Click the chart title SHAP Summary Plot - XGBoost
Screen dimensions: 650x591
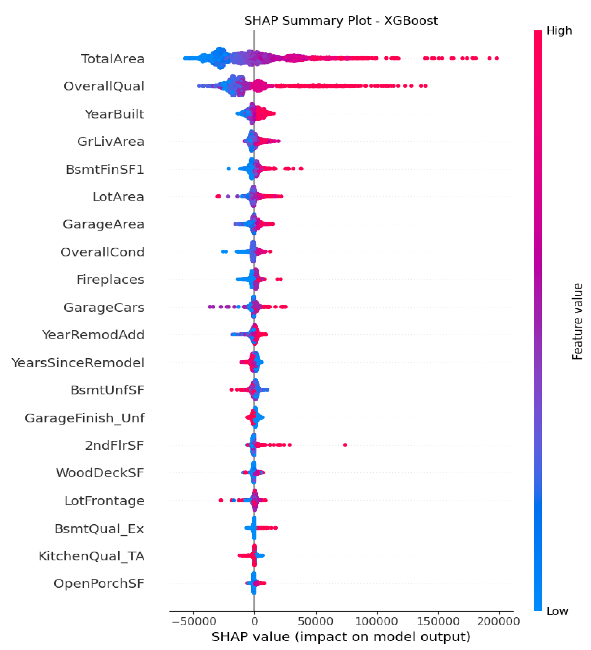click(x=341, y=21)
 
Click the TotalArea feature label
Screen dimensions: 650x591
click(x=112, y=59)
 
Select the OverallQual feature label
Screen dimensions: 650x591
click(x=104, y=87)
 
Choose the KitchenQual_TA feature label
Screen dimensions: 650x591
click(x=91, y=556)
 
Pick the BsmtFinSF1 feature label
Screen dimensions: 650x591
click(x=105, y=169)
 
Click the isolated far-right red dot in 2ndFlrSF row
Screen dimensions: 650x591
click(x=345, y=445)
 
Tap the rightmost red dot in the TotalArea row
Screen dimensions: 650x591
click(x=497, y=58)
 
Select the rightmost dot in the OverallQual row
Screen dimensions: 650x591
click(x=425, y=86)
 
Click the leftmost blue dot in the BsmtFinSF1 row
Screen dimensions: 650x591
click(x=229, y=169)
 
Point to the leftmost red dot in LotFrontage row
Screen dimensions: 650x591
click(x=221, y=500)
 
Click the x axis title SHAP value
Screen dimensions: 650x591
click(x=341, y=637)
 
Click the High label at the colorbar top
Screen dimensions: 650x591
click(x=559, y=31)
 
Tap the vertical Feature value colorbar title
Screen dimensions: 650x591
click(x=578, y=321)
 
